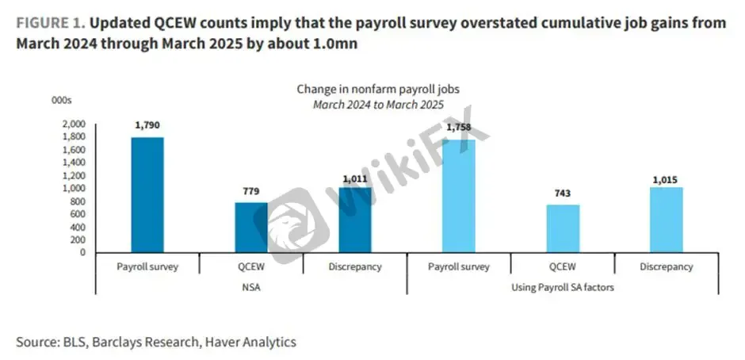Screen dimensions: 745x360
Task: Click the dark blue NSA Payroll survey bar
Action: [x=147, y=195]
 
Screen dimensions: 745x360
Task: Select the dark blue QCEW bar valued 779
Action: [x=251, y=228]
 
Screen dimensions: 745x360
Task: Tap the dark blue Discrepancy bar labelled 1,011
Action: [x=355, y=220]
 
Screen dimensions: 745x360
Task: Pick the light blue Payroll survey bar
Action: [x=459, y=196]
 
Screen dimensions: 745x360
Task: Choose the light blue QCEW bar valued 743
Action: [x=563, y=228]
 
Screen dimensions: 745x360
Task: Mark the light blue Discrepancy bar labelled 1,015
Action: [x=666, y=220]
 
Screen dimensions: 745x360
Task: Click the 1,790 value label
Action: [x=147, y=125]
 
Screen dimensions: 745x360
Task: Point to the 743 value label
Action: [x=563, y=193]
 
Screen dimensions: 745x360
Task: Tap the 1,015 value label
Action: [x=666, y=180]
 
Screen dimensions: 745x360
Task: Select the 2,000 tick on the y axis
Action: [x=74, y=124]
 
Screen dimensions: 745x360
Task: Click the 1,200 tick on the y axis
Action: [x=74, y=175]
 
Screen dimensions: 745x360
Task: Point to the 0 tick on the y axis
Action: [x=82, y=252]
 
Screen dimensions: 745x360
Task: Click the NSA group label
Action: [x=251, y=287]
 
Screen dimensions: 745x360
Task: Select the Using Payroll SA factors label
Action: [x=563, y=287]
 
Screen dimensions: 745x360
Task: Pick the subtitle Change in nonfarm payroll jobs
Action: [x=378, y=89]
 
